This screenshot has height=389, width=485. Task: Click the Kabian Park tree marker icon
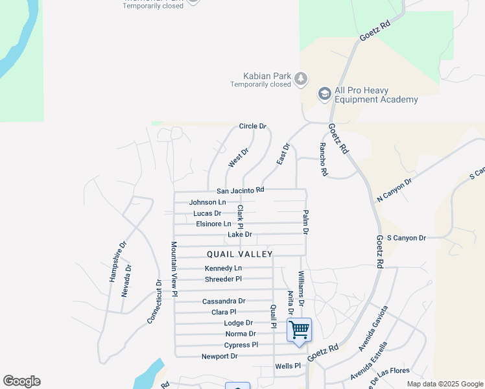coord(301,78)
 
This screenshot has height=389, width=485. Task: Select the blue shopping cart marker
coord(300,330)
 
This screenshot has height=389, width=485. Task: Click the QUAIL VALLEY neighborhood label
coord(240,254)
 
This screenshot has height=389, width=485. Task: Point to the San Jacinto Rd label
coord(240,191)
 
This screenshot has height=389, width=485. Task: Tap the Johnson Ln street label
coord(207,202)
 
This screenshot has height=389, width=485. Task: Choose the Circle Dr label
coord(253,126)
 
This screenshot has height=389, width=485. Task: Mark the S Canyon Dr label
coord(406,238)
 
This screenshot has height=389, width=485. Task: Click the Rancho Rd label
coord(322,160)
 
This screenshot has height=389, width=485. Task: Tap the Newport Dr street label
coord(219,356)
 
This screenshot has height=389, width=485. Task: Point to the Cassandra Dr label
coord(224,301)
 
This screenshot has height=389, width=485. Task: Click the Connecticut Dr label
coord(154,302)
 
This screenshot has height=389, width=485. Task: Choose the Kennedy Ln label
coord(223,268)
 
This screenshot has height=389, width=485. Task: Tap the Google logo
coord(21,381)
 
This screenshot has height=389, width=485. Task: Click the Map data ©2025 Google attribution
coord(445,384)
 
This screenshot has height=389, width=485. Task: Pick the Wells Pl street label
coord(288,366)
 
